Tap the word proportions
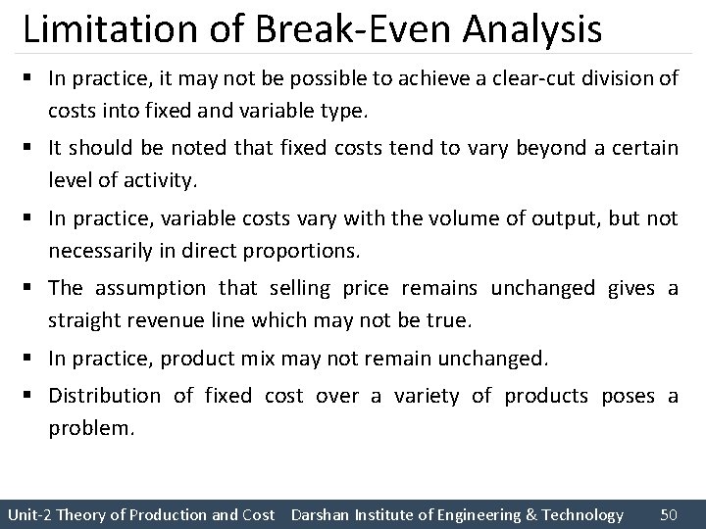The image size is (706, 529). [311, 251]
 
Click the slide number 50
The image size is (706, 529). [670, 514]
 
